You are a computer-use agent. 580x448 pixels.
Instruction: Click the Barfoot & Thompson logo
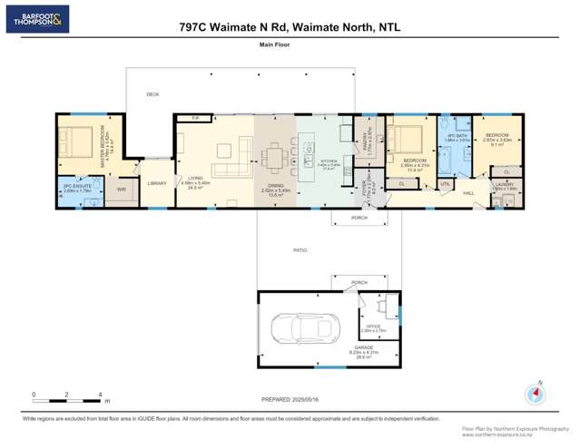37,19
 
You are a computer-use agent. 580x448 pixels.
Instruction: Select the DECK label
152,94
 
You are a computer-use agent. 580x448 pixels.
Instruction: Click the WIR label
121,189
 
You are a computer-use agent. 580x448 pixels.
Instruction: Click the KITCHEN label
329,163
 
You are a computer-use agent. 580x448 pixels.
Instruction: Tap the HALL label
469,193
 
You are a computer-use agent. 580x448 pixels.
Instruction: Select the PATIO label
300,250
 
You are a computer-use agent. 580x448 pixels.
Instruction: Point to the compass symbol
535,395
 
